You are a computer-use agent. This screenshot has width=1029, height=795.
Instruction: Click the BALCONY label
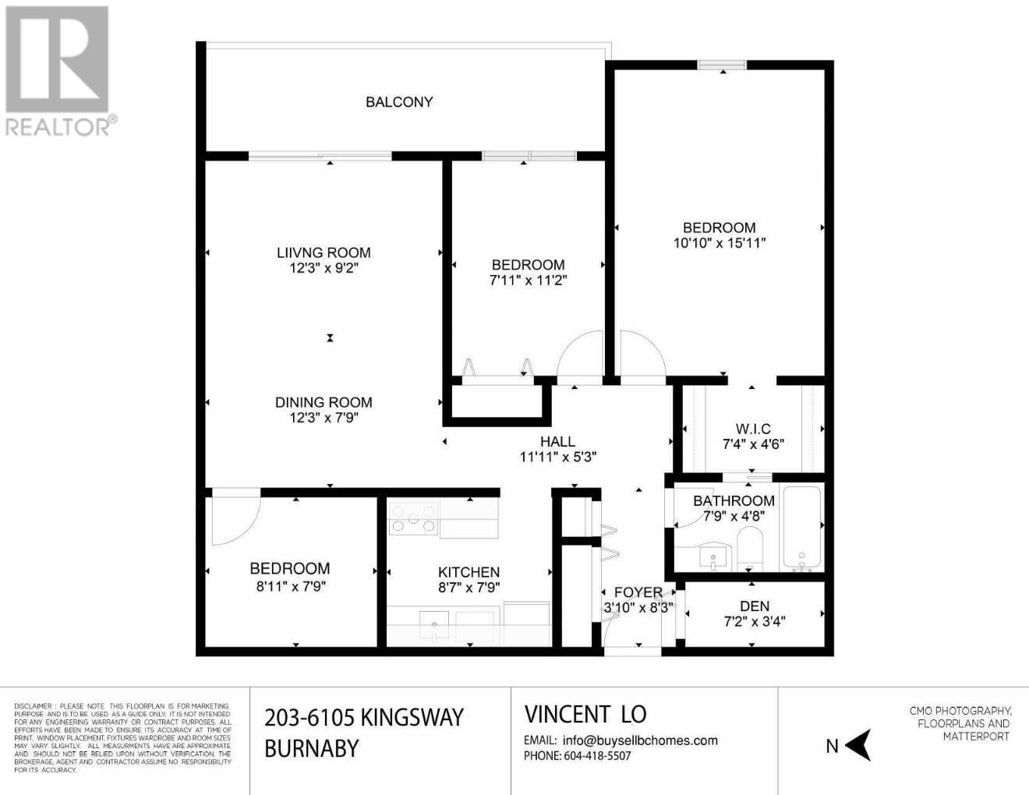pos(399,102)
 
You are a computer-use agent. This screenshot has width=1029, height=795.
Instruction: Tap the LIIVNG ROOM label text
pos(324,253)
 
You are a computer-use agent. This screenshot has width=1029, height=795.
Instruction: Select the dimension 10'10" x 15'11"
pos(719,243)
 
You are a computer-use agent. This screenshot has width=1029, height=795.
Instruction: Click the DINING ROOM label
pos(324,402)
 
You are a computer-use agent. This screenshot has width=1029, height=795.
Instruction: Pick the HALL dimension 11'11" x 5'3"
pos(557,458)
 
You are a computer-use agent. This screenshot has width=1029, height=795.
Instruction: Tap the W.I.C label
pos(753,429)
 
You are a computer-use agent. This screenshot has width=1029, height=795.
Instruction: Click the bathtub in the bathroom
pos(801,528)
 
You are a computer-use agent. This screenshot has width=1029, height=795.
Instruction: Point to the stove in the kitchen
pos(413,519)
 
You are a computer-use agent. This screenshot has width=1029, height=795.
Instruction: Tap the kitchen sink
pos(433,624)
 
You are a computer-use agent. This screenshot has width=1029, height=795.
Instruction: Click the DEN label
pos(754,606)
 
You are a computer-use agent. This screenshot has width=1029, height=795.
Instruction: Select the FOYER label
pos(638,592)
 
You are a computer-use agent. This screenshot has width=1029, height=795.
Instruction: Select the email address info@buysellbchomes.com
pos(639,740)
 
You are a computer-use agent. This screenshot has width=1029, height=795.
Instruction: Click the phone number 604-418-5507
pos(597,756)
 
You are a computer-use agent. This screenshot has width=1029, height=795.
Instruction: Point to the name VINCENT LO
pos(585,714)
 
